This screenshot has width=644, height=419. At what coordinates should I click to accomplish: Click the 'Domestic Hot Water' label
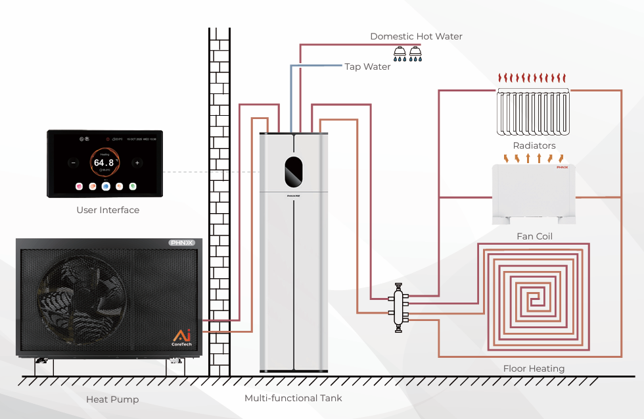pyautogui.click(x=416, y=36)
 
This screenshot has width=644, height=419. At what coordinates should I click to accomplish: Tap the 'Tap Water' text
pyautogui.click(x=367, y=66)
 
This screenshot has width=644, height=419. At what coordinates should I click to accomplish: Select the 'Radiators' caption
pyautogui.click(x=534, y=145)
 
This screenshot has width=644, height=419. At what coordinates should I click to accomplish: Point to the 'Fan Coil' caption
pyautogui.click(x=534, y=235)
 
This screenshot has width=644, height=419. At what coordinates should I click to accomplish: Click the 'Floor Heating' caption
pyautogui.click(x=534, y=368)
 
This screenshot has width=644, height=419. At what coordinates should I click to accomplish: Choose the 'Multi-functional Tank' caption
pyautogui.click(x=293, y=398)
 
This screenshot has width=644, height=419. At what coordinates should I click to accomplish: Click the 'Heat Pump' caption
pyautogui.click(x=112, y=399)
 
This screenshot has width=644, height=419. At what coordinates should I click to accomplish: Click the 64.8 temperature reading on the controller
pyautogui.click(x=103, y=162)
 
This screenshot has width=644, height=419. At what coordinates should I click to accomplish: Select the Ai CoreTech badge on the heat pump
pyautogui.click(x=182, y=337)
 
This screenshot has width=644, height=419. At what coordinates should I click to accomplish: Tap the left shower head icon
pyautogui.click(x=400, y=52)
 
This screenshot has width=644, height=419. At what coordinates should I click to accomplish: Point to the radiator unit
pyautogui.click(x=534, y=112)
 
